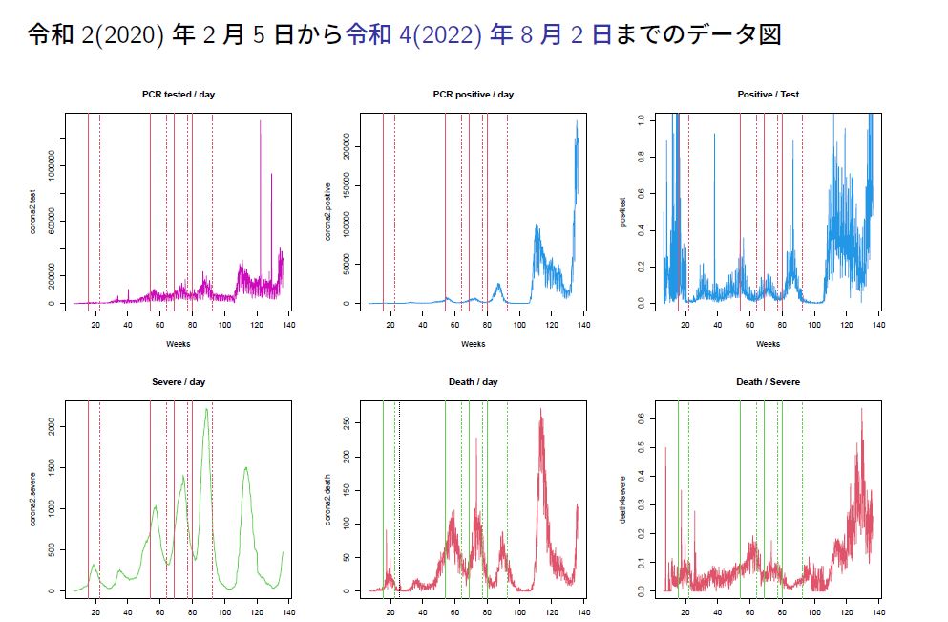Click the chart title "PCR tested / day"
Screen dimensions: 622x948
pos(179,95)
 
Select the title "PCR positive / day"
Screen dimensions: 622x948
pos(474,95)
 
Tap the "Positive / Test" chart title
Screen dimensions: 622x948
pos(769,95)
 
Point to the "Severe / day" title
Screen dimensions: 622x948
pos(179,382)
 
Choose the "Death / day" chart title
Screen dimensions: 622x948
pos(474,382)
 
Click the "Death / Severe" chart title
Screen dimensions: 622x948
pos(769,382)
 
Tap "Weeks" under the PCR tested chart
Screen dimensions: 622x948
pos(179,343)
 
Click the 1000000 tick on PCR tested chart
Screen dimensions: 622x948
pos(51,166)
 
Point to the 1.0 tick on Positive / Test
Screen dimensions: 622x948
pos(641,118)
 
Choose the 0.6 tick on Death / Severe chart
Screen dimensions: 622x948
pos(641,418)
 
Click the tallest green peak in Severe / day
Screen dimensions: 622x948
pos(206,410)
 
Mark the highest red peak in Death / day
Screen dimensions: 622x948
pos(540,410)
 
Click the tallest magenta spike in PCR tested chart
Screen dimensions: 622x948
pos(260,121)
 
